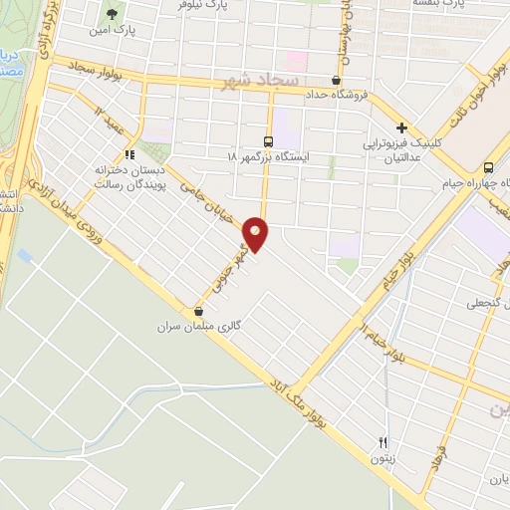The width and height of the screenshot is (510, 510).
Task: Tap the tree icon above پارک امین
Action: pyautogui.click(x=113, y=15)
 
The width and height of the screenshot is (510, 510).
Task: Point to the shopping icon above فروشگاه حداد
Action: pyautogui.click(x=337, y=81)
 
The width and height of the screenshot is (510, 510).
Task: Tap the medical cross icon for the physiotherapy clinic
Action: pyautogui.click(x=401, y=127)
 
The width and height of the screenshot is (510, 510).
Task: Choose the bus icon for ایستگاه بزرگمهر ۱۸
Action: pyautogui.click(x=267, y=141)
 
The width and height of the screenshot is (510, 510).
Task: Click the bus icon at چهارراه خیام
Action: pyautogui.click(x=488, y=167)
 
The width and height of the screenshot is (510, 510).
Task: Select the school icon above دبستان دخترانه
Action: pyautogui.click(x=128, y=153)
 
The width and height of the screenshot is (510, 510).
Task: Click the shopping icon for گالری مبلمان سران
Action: pyautogui.click(x=199, y=311)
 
